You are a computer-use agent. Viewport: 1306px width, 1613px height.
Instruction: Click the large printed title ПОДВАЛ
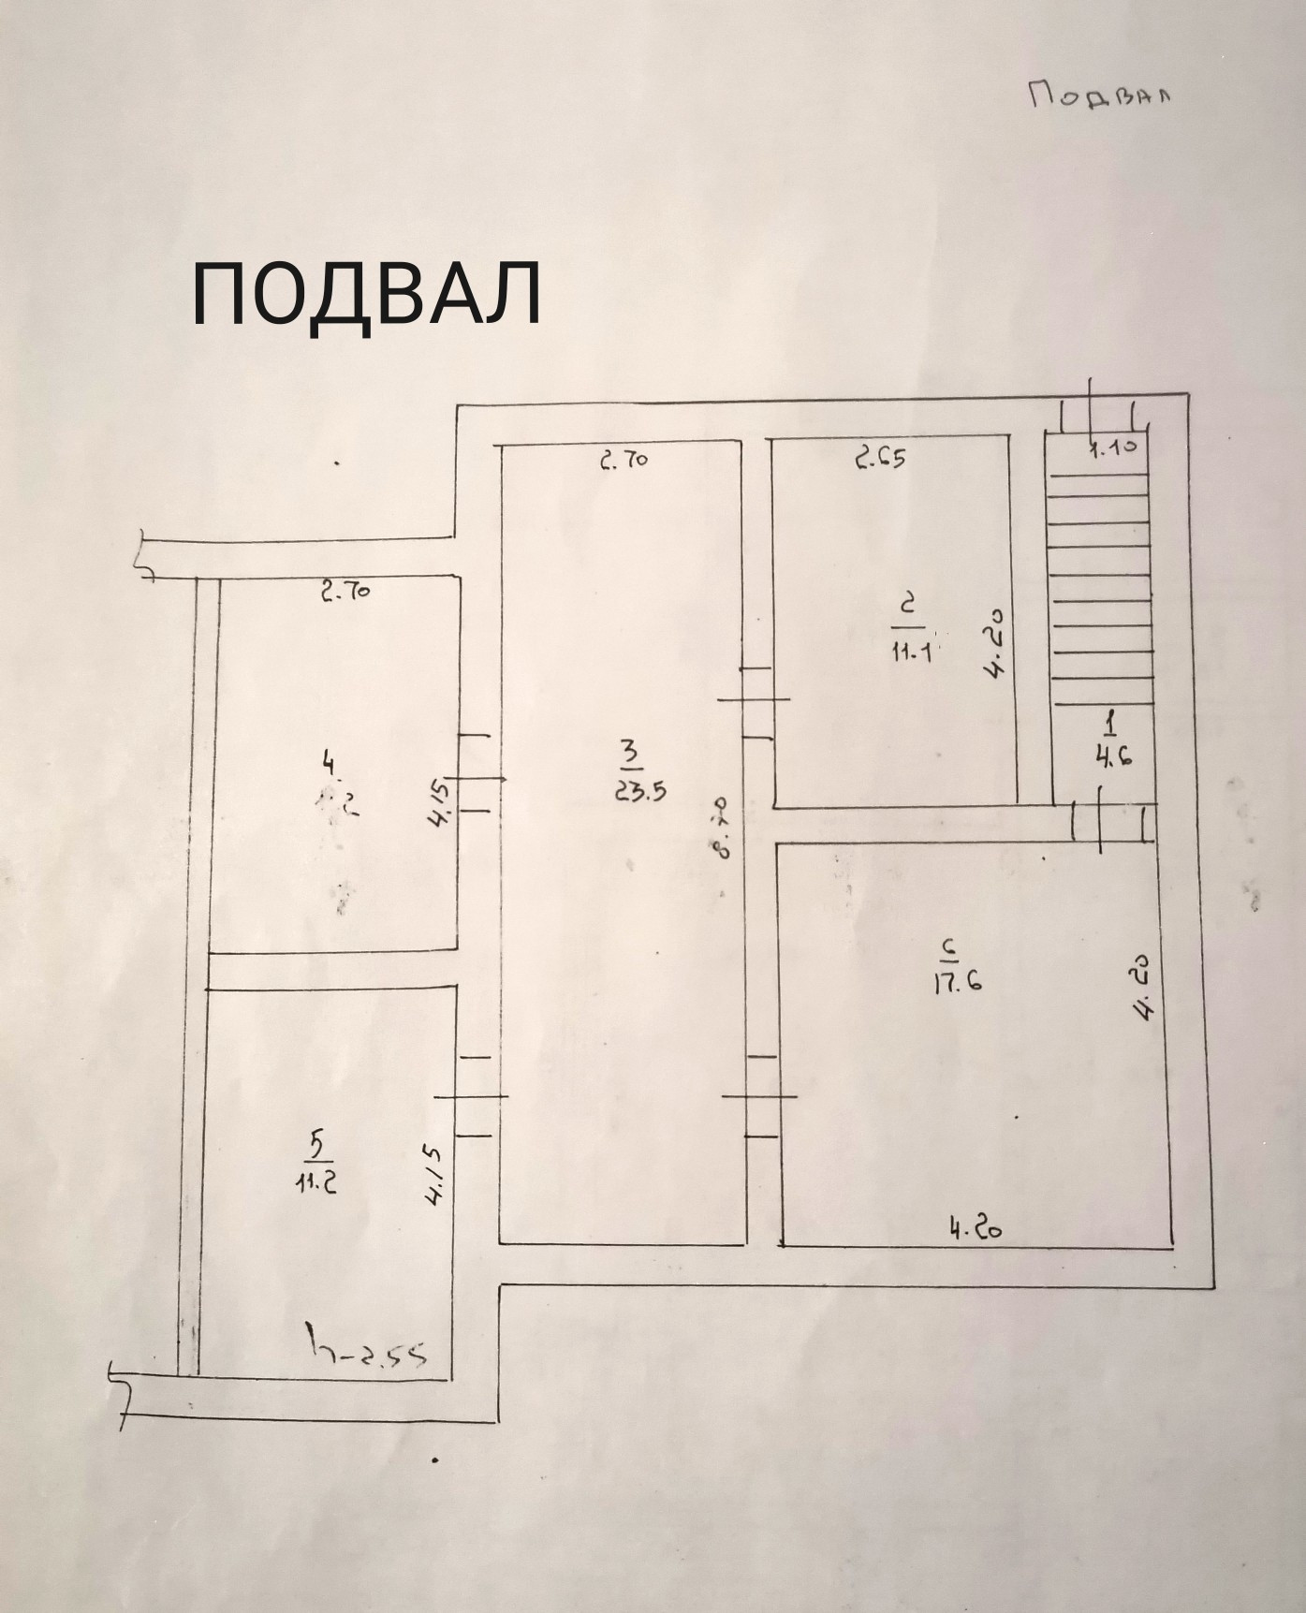pyautogui.click(x=366, y=294)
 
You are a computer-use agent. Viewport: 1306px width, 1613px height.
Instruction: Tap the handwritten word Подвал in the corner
pyautogui.click(x=1100, y=95)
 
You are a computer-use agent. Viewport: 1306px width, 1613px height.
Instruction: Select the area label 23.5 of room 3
pyautogui.click(x=639, y=789)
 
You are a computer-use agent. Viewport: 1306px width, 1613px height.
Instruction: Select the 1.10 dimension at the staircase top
pyautogui.click(x=1113, y=447)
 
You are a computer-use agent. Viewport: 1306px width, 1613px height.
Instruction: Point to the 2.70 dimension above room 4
pyautogui.click(x=345, y=592)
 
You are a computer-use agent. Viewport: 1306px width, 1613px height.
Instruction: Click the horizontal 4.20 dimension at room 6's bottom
pyautogui.click(x=975, y=1228)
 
